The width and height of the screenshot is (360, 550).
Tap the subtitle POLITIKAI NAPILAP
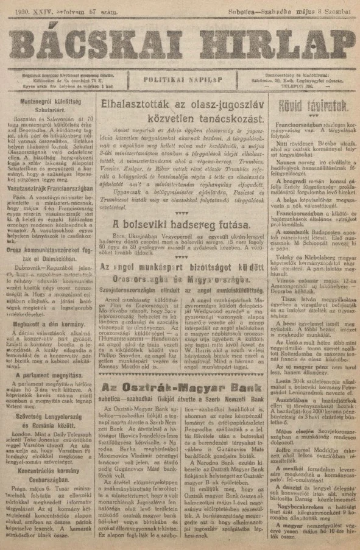pos(180,79)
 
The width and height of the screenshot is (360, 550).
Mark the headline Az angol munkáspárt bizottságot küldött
pos(183,266)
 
